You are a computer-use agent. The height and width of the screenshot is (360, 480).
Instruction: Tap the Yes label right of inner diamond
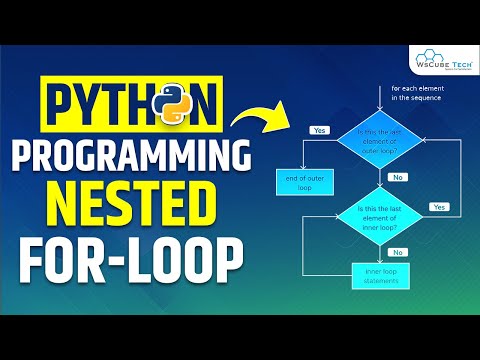[438, 206]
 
